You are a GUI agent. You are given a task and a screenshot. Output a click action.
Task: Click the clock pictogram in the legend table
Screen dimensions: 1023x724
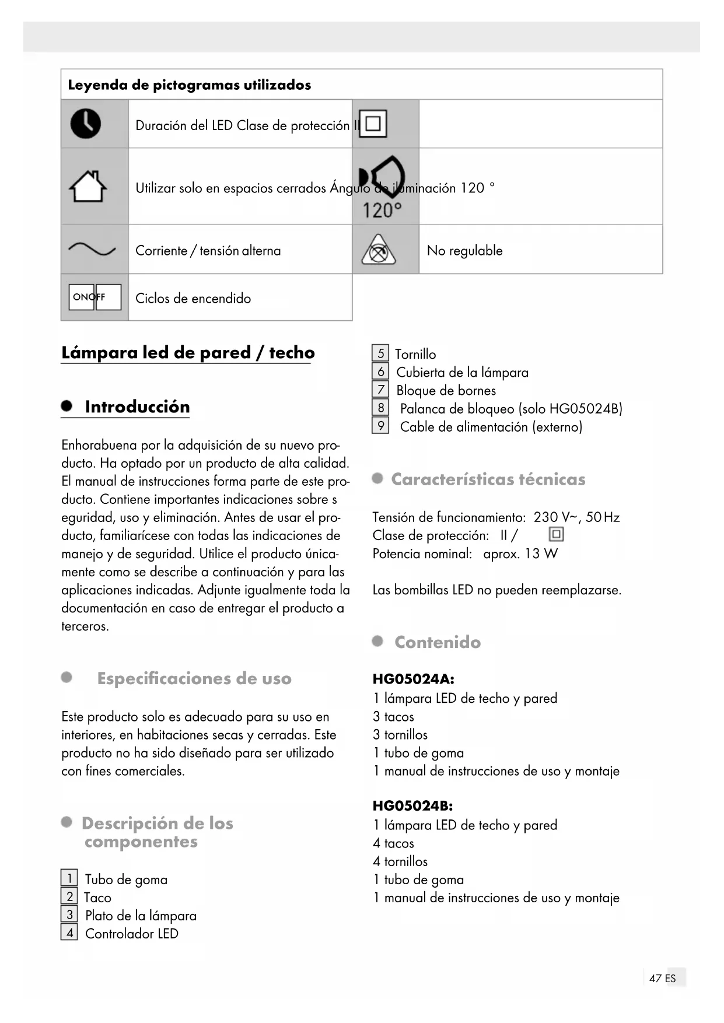pyautogui.click(x=86, y=124)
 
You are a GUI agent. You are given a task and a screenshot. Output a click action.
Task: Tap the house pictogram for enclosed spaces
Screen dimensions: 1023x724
pyautogui.click(x=88, y=187)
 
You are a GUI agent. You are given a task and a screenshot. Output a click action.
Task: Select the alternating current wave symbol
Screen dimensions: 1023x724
pyautogui.click(x=92, y=250)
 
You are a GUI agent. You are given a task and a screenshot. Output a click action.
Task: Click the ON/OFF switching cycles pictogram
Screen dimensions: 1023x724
pyautogui.click(x=95, y=297)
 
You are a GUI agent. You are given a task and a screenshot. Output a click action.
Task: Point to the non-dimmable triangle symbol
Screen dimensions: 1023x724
pyautogui.click(x=379, y=250)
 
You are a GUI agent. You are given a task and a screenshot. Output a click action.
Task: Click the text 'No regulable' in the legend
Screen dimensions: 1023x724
pyautogui.click(x=464, y=251)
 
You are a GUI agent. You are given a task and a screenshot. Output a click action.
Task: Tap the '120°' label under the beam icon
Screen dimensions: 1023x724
pyautogui.click(x=382, y=211)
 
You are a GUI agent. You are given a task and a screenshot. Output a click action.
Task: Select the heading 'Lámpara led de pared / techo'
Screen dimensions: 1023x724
pyautogui.click(x=188, y=352)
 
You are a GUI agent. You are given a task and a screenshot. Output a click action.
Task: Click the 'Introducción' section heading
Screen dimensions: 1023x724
pyautogui.click(x=137, y=407)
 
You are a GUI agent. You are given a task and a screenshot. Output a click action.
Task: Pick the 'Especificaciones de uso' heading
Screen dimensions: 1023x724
pyautogui.click(x=194, y=678)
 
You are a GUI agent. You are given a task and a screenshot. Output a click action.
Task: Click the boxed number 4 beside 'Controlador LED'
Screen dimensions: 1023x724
pyautogui.click(x=69, y=932)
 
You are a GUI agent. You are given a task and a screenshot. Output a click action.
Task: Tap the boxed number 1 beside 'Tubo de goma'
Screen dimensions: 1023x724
pyautogui.click(x=69, y=878)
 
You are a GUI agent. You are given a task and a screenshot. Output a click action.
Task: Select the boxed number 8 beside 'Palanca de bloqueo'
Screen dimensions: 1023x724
pyautogui.click(x=380, y=408)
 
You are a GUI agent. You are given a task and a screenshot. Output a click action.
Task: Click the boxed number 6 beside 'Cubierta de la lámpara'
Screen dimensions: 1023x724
pyautogui.click(x=380, y=372)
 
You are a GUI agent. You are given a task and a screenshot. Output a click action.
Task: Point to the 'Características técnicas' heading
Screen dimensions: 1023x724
pyautogui.click(x=488, y=479)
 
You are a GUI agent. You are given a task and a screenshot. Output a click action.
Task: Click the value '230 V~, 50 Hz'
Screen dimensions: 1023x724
pyautogui.click(x=576, y=517)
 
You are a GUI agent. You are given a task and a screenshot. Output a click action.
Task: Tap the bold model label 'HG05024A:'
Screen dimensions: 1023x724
pyautogui.click(x=413, y=679)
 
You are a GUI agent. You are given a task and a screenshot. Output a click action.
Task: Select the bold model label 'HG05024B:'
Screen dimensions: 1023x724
pyautogui.click(x=412, y=806)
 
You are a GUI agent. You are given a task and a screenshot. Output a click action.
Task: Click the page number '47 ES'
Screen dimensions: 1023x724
pyautogui.click(x=662, y=978)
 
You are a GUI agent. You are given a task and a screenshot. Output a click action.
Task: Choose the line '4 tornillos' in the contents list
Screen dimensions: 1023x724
pyautogui.click(x=400, y=861)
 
